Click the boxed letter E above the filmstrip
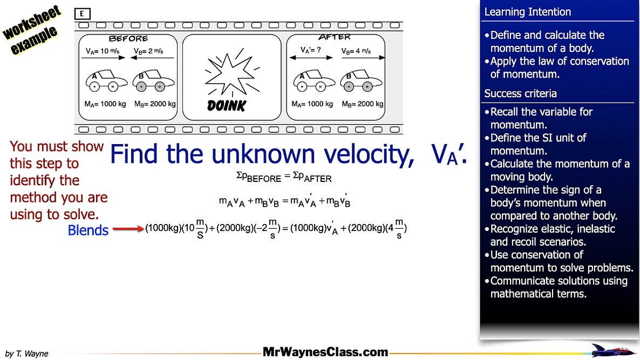point(82,14)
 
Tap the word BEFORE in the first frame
point(128,39)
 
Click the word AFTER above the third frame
point(334,37)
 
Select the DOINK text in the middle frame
point(227,106)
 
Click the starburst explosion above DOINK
point(232,73)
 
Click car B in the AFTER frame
point(361,80)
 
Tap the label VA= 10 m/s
point(103,51)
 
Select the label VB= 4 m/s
point(356,51)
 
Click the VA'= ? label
point(311,50)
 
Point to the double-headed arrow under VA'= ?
point(311,58)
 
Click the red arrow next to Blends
point(128,228)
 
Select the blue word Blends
point(88,230)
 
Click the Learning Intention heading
point(527,12)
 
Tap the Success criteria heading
point(520,93)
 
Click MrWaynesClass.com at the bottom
point(325,352)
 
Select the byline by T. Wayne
point(26,354)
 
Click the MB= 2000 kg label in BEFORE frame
point(155,104)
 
